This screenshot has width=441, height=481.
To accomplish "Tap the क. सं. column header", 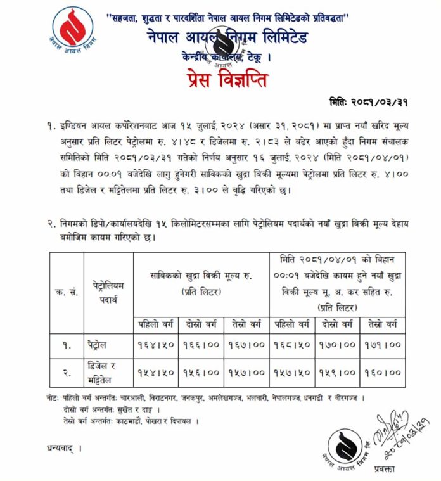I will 66,292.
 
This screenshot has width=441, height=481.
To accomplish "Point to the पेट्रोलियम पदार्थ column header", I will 108,292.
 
